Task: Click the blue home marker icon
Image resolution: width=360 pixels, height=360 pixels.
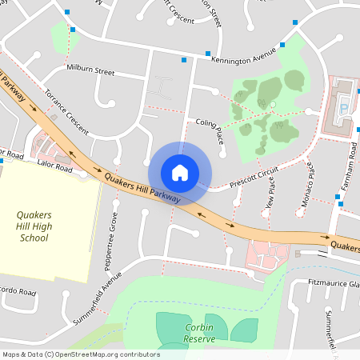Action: pyautogui.click(x=180, y=173)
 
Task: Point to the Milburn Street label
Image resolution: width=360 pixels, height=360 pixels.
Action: pyautogui.click(x=91, y=70)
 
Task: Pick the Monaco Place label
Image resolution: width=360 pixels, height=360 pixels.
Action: pyautogui.click(x=307, y=184)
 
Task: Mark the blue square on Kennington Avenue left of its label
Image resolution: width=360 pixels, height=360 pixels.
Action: pyautogui.click(x=185, y=60)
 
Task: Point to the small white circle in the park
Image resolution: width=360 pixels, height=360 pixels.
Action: pyautogui.click(x=273, y=104)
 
